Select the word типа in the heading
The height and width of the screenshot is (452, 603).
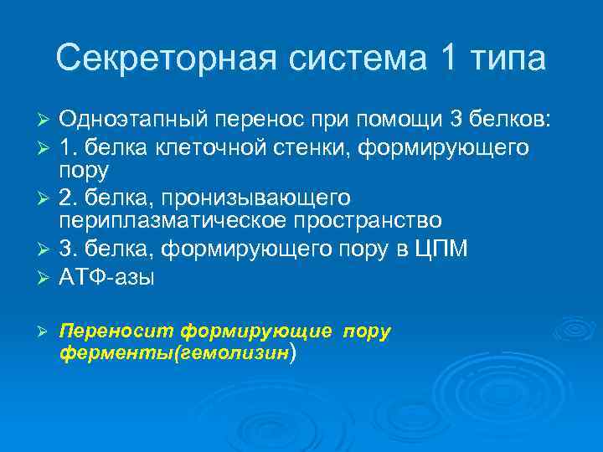point(503,59)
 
